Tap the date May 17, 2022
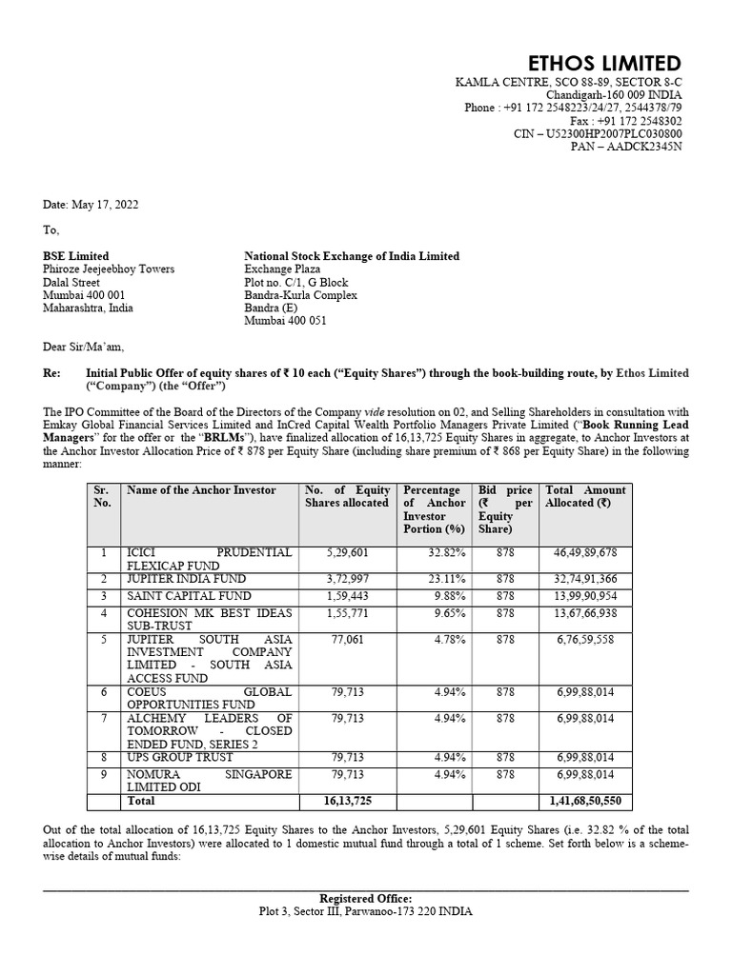click(84, 205)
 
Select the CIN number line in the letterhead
click(598, 134)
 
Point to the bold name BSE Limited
click(76, 256)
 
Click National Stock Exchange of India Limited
click(352, 256)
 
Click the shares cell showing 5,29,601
click(346, 552)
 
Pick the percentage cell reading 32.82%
click(447, 552)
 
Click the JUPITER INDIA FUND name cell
click(186, 579)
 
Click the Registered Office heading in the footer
click(366, 898)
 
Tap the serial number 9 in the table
click(102, 774)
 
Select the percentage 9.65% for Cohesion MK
click(449, 613)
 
